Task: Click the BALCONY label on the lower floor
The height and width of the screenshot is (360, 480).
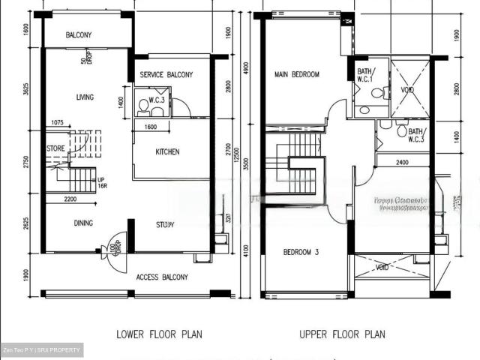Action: click(x=79, y=35)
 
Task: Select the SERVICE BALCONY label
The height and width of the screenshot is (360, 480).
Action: click(x=166, y=74)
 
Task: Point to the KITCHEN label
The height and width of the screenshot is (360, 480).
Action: click(x=167, y=152)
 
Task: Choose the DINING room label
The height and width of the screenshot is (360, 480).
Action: click(x=84, y=223)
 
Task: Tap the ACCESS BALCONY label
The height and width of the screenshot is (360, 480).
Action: click(x=162, y=277)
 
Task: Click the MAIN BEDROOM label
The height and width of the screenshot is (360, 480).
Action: click(x=297, y=74)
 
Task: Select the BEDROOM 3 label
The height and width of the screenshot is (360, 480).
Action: click(x=301, y=253)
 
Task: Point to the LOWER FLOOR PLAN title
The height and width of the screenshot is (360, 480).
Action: click(x=158, y=334)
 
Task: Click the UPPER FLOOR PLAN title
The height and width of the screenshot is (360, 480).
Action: click(x=342, y=334)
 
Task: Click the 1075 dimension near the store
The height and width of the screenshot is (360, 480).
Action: click(x=61, y=123)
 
